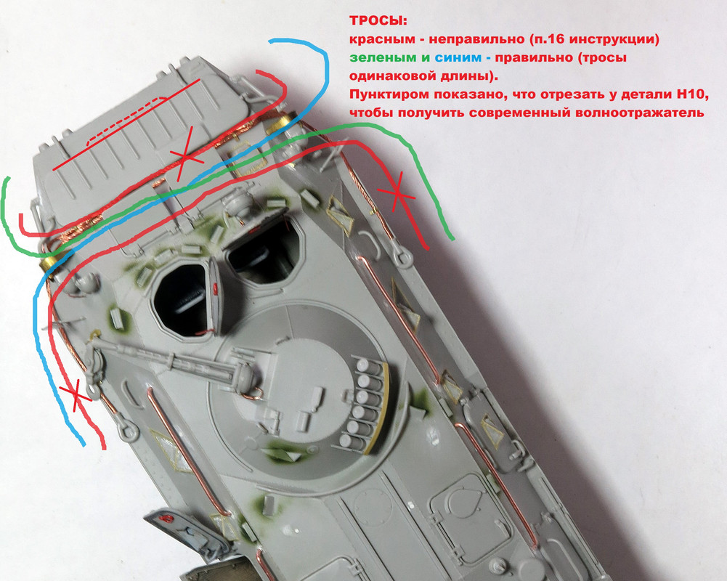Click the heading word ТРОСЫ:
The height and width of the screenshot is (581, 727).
point(378,21)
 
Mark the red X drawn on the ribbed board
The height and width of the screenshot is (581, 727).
point(185,158)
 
